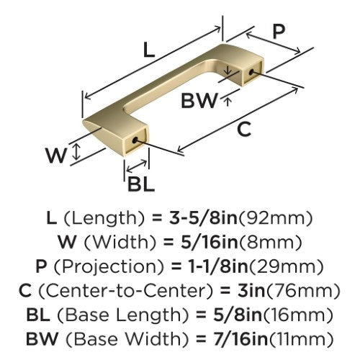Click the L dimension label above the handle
[149, 50]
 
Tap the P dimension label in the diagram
[279, 32]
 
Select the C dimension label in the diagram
[244, 129]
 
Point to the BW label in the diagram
[199, 101]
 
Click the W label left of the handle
[56, 156]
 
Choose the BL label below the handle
[141, 184]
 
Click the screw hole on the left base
[135, 140]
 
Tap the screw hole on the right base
[251, 72]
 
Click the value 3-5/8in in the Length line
[203, 217]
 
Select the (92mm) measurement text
[276, 218]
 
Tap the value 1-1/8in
[217, 266]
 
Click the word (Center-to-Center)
[125, 291]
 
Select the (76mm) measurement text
[303, 291]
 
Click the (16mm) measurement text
[298, 315]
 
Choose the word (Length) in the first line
[104, 218]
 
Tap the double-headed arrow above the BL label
[137, 166]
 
